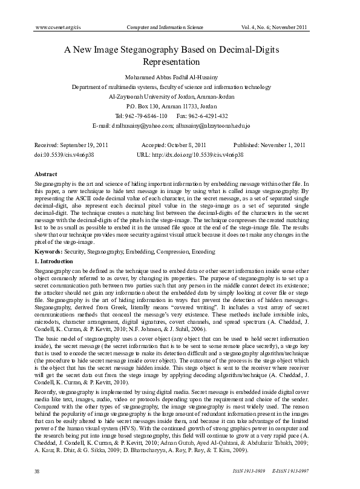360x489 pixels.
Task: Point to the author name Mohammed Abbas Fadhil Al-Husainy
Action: [180, 77]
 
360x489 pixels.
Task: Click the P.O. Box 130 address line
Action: [180, 106]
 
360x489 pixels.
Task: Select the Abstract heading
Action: [47, 174]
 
